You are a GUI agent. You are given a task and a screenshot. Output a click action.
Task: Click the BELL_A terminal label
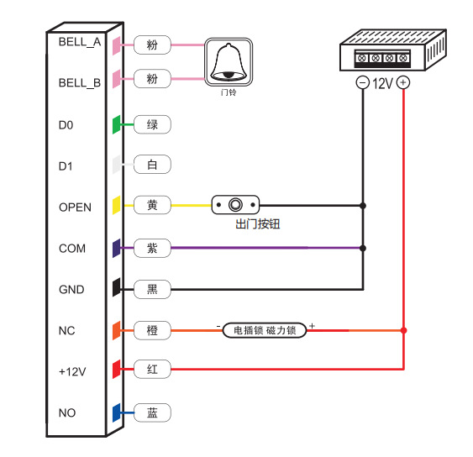[x=80, y=42]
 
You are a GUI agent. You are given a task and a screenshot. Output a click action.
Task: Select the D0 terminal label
[x=66, y=125]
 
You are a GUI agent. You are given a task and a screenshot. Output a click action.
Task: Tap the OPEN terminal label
[x=75, y=207]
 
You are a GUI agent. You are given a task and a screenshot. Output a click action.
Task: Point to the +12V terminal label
[x=72, y=371]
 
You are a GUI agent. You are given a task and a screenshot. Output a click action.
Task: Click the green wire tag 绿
[x=152, y=124]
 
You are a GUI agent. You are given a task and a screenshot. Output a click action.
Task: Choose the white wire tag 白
[x=152, y=165]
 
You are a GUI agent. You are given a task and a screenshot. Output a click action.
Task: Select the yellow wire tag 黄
[x=152, y=205]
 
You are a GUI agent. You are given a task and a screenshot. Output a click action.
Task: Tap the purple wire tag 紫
[x=152, y=248]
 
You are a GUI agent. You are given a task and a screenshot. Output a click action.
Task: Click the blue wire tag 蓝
[x=152, y=412]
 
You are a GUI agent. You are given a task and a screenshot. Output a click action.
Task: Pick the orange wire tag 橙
[x=152, y=330]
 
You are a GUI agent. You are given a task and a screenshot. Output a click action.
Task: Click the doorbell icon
[x=229, y=62]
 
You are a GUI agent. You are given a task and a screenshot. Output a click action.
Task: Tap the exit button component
[x=235, y=205]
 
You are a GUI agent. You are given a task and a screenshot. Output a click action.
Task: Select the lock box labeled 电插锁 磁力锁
[x=265, y=330]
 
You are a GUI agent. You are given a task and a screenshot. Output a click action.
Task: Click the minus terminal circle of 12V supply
[x=363, y=82]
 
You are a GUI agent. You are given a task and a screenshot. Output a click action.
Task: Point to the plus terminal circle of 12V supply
[x=403, y=82]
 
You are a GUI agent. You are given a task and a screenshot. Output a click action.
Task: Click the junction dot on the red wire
[x=403, y=330]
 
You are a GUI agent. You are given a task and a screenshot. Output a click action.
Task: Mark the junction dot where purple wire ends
[x=363, y=249]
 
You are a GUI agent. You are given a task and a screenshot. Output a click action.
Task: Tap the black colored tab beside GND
[x=117, y=287]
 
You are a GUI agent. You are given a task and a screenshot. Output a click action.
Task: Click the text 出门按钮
[x=258, y=224]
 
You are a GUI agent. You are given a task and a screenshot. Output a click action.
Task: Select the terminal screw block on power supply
[x=382, y=59]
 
